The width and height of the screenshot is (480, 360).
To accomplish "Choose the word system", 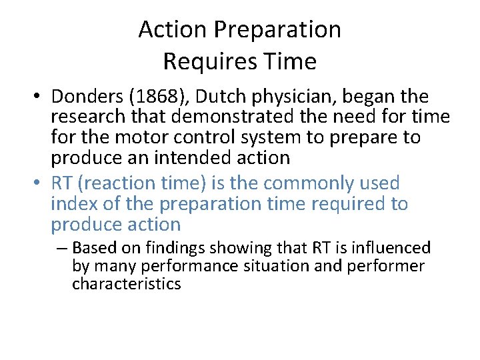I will coord(286,137).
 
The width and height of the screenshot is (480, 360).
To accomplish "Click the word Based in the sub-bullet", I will coord(92,249).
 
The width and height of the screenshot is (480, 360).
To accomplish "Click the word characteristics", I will coord(127,284).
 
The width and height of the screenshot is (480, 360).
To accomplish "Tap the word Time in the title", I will coord(291,62).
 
